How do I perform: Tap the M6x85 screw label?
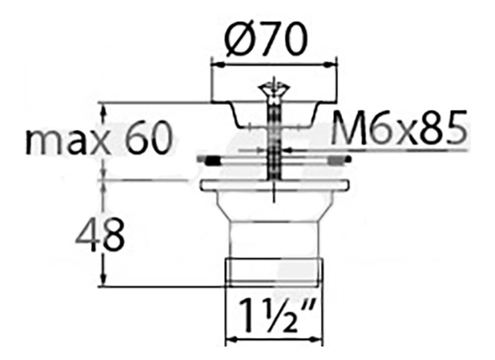398,127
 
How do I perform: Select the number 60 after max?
149,139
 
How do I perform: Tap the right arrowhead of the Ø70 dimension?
330,65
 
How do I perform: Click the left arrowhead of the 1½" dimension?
232,340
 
